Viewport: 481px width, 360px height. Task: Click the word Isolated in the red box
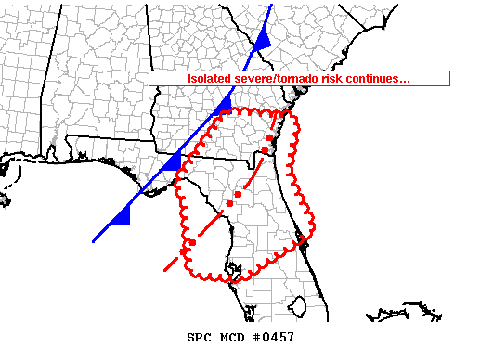pos(210,79)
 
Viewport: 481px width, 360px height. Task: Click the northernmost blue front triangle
pos(263,38)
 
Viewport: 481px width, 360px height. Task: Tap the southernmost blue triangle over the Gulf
pos(120,217)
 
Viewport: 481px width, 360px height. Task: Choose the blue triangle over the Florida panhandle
pos(172,161)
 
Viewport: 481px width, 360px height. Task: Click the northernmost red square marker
pos(273,135)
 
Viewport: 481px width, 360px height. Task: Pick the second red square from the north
pos(265,149)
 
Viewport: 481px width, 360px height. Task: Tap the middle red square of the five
pos(238,194)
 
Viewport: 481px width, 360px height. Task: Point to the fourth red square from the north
pos(229,202)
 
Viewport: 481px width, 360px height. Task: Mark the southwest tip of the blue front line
pos(94,240)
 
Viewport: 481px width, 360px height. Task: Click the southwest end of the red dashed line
pos(165,271)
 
